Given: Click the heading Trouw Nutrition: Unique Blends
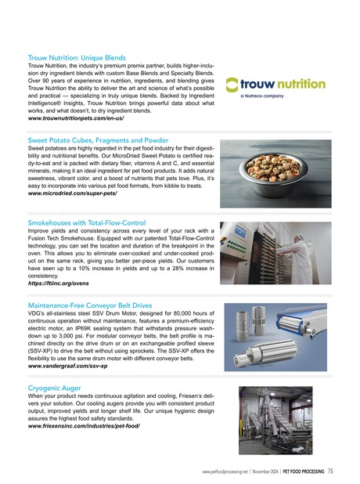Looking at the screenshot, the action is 77,58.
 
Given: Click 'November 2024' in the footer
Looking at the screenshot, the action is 272,471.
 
